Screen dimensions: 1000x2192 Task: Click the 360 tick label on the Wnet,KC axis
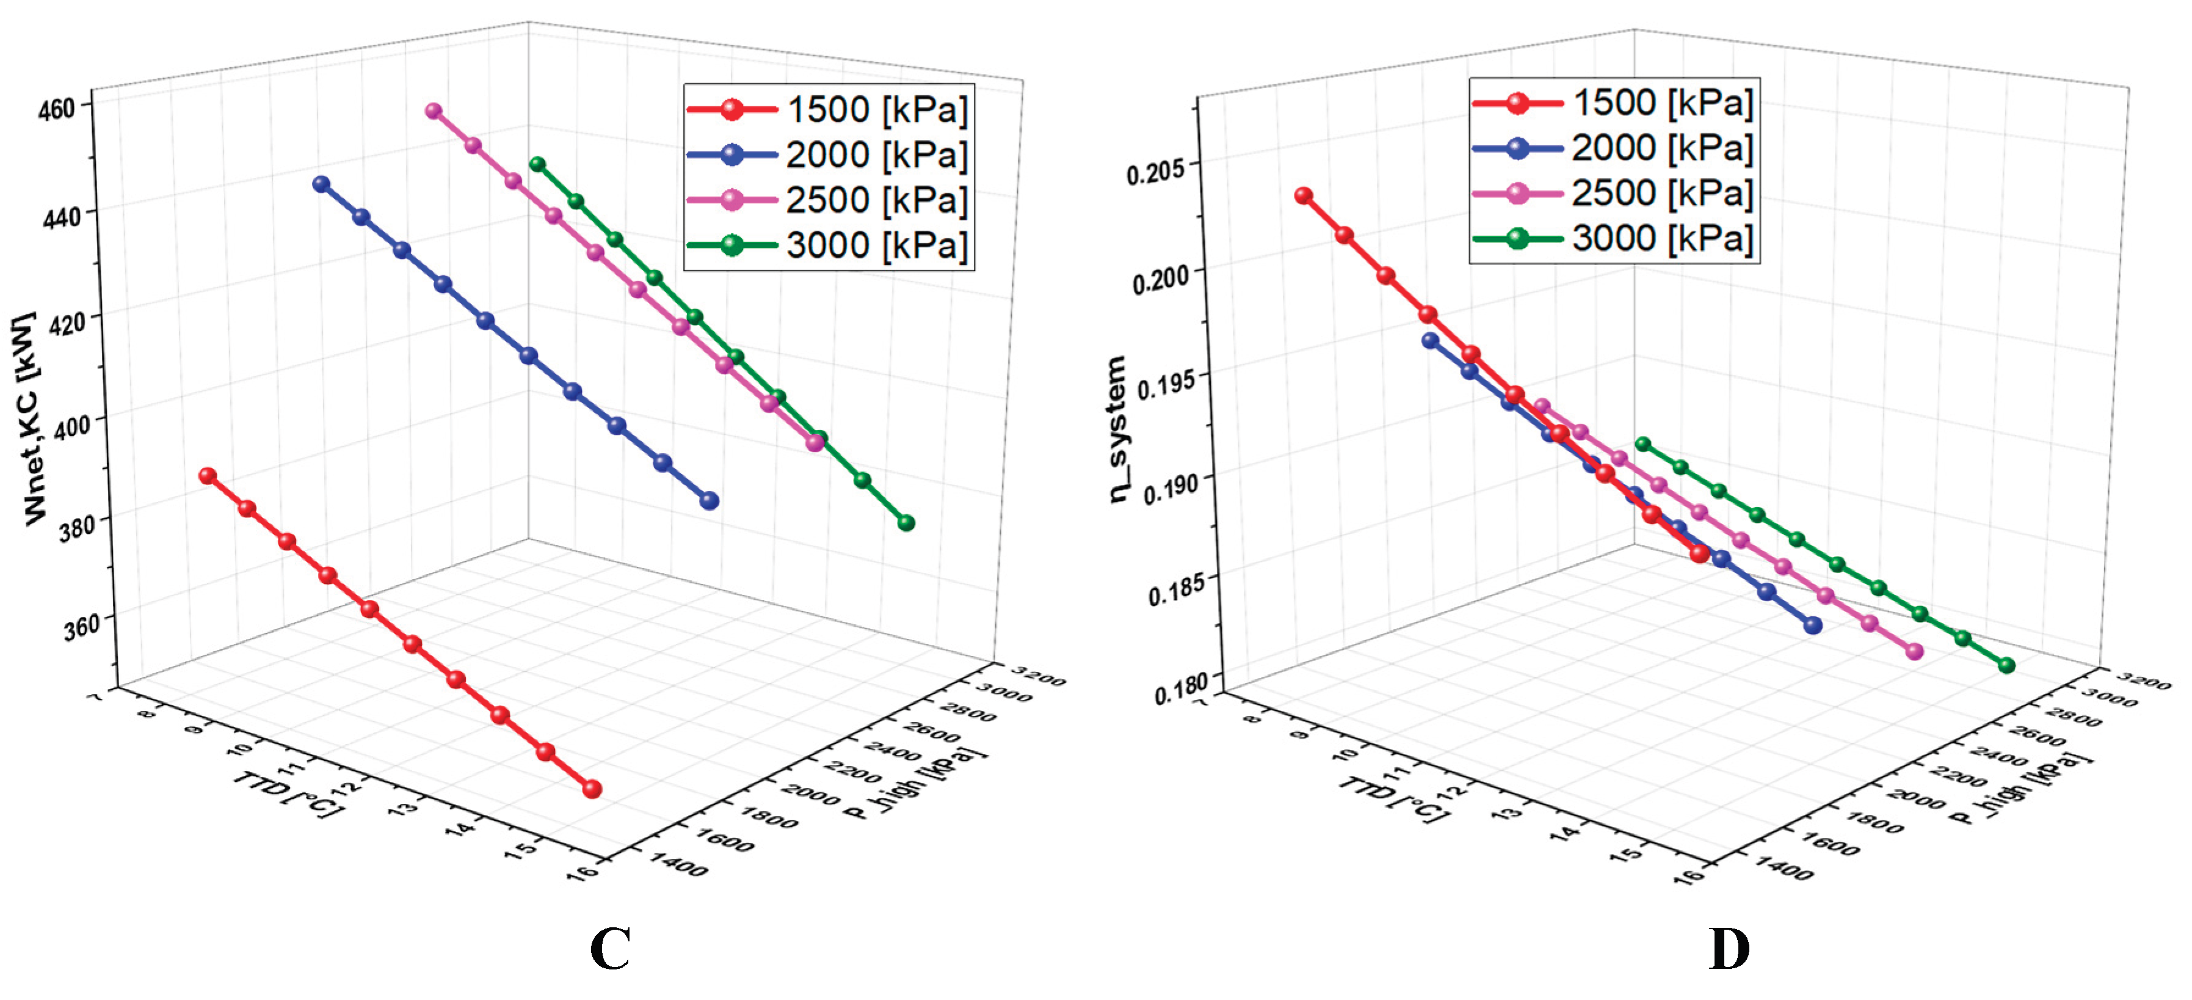click(x=82, y=628)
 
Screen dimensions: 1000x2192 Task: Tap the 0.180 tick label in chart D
click(x=1180, y=688)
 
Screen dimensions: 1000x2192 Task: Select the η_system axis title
click(x=1117, y=430)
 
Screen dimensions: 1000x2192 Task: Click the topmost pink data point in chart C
click(x=433, y=111)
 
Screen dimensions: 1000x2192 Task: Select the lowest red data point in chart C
click(x=592, y=789)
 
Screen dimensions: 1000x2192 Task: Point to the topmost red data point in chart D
click(x=1303, y=195)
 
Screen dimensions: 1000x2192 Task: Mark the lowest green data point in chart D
click(x=2006, y=665)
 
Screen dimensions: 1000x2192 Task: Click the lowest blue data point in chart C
click(x=709, y=502)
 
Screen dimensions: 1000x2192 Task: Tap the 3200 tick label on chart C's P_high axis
click(x=1040, y=678)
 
